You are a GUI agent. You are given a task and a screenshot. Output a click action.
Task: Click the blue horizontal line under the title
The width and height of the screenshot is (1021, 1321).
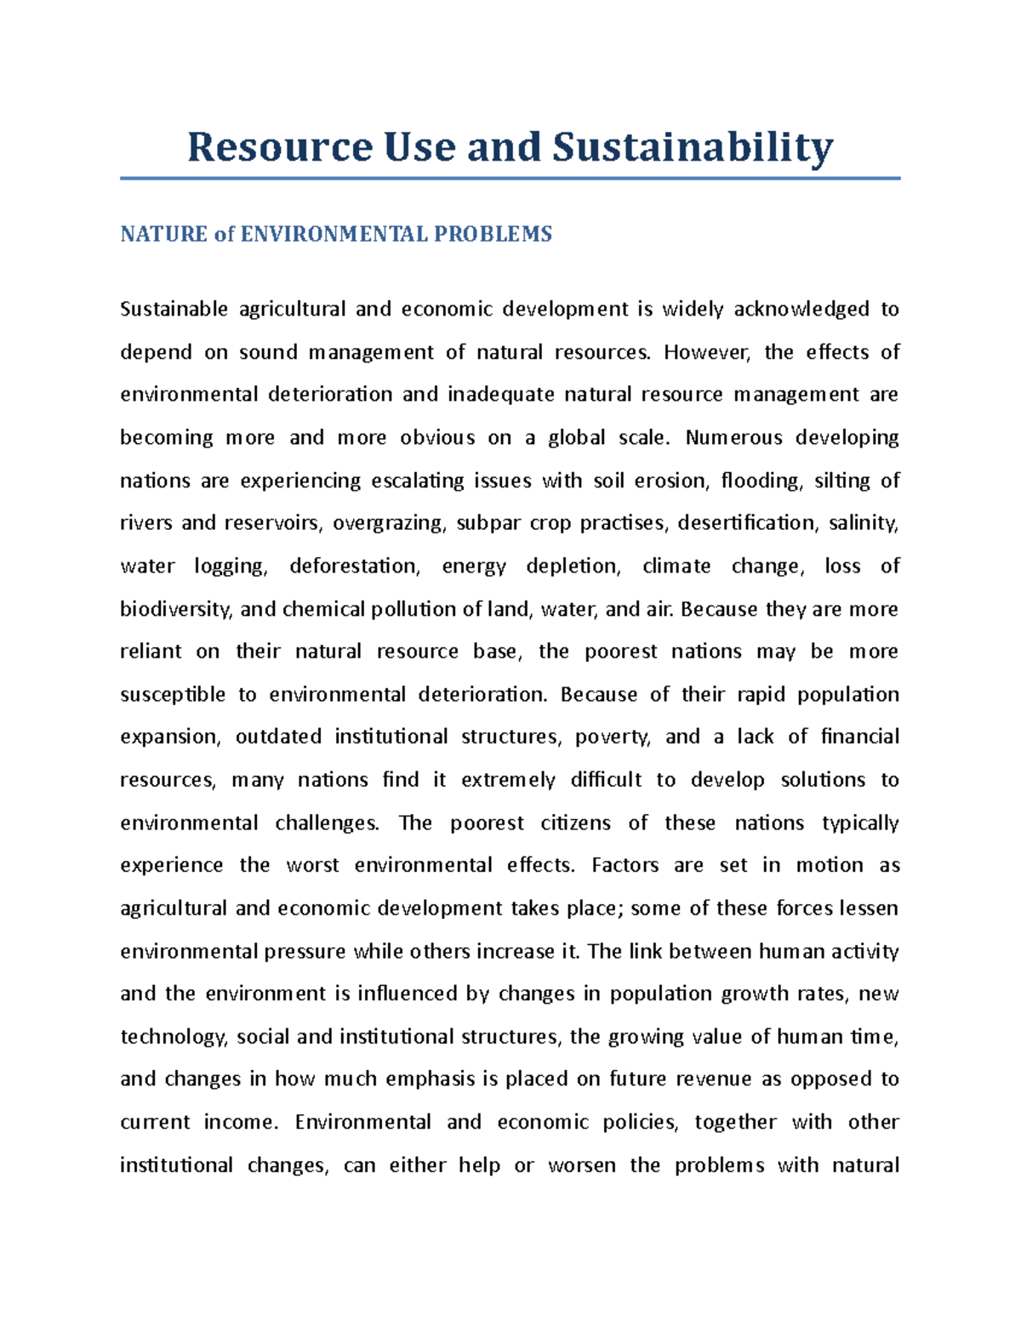coord(510,179)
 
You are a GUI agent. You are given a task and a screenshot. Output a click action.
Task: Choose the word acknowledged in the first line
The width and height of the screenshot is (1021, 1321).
coord(801,310)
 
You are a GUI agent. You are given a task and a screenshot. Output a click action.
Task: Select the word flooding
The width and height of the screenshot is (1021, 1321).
coord(761,481)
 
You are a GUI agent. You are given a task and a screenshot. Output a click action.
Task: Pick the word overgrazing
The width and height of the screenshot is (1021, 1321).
coord(389,524)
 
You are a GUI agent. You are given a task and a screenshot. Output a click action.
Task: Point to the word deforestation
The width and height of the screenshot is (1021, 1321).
coord(355,567)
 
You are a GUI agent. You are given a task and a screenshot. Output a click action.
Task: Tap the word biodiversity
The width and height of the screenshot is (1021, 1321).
coord(175,610)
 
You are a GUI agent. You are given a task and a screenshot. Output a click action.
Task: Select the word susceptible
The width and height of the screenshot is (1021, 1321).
coord(173,695)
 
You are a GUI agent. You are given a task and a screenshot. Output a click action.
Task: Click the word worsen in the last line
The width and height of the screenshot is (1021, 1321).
coord(582,1165)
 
